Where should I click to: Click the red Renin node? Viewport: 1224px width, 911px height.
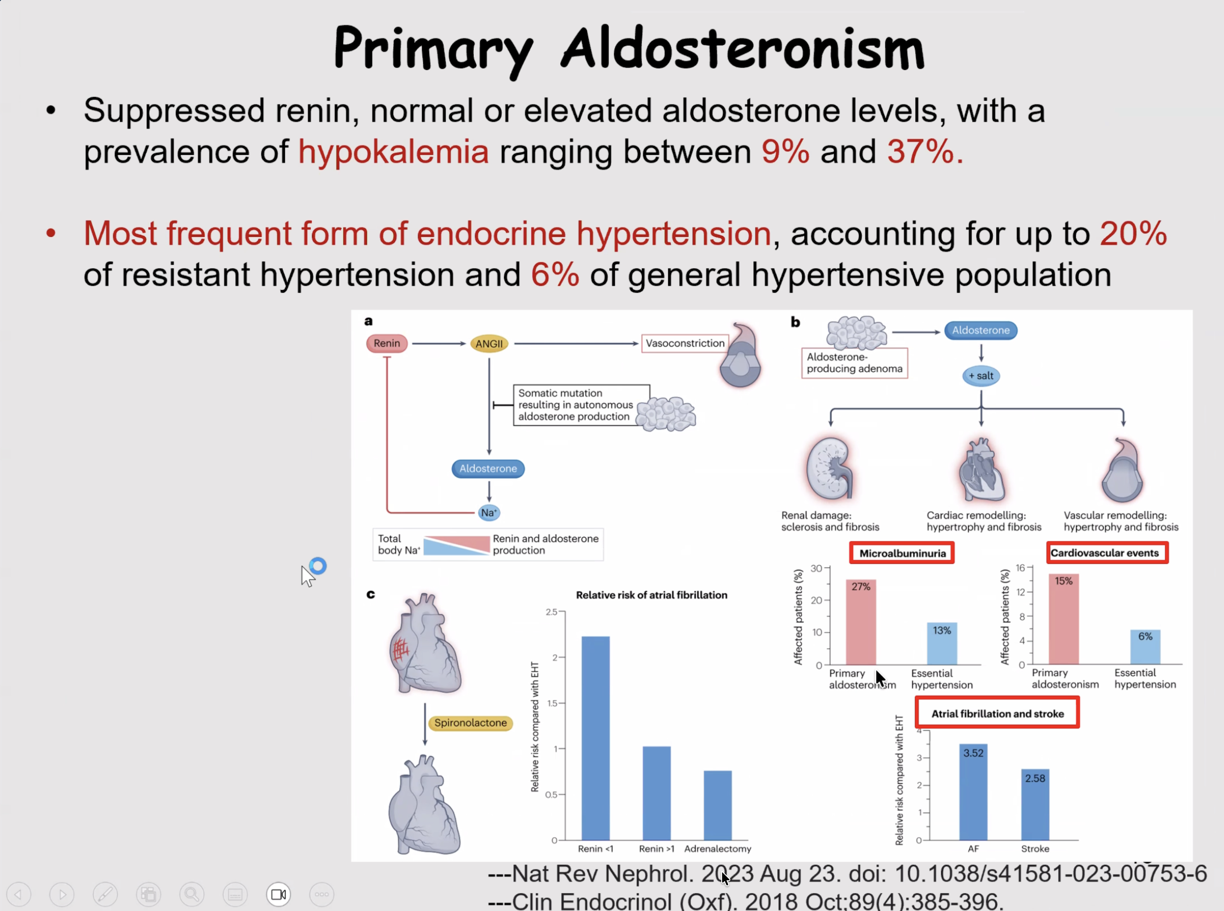pyautogui.click(x=387, y=343)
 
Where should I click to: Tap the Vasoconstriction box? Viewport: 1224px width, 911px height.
pyautogui.click(x=685, y=343)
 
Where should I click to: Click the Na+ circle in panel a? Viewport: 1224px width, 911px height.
pyautogui.click(x=488, y=512)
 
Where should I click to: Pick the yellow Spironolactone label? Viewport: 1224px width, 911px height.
pyautogui.click(x=470, y=722)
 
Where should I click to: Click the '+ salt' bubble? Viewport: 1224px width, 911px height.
pyautogui.click(x=981, y=376)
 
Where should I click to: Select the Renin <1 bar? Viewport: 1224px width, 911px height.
pyautogui.click(x=595, y=738)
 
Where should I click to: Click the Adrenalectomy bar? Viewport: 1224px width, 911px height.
pyautogui.click(x=718, y=805)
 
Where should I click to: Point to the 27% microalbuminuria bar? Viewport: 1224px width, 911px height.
pyautogui.click(x=861, y=621)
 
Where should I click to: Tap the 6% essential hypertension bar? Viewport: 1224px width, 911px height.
pyautogui.click(x=1145, y=646)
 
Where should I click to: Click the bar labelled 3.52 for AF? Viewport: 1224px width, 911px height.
pyautogui.click(x=973, y=792)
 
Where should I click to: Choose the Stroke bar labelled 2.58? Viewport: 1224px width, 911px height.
pyautogui.click(x=1035, y=804)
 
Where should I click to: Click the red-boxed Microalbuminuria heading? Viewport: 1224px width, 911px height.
pyautogui.click(x=902, y=553)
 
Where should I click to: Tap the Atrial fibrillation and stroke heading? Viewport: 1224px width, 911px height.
pyautogui.click(x=997, y=713)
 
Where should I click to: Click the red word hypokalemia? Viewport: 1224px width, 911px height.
pyautogui.click(x=394, y=152)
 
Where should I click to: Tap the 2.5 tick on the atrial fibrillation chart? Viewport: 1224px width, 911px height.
pyautogui.click(x=551, y=612)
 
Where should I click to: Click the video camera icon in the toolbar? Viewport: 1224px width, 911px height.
pyautogui.click(x=279, y=894)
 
